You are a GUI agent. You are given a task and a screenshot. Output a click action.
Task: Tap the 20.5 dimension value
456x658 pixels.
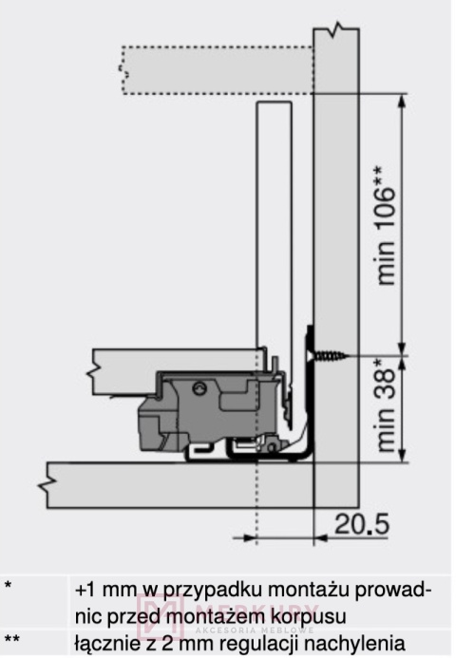pyautogui.click(x=362, y=524)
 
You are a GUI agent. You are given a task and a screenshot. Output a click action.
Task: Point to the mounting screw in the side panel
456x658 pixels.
pyautogui.click(x=329, y=356)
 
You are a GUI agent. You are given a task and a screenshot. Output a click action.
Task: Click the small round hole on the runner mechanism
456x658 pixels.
pyautogui.click(x=199, y=387)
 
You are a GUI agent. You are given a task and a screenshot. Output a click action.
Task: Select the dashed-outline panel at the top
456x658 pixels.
pyautogui.click(x=218, y=70)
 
